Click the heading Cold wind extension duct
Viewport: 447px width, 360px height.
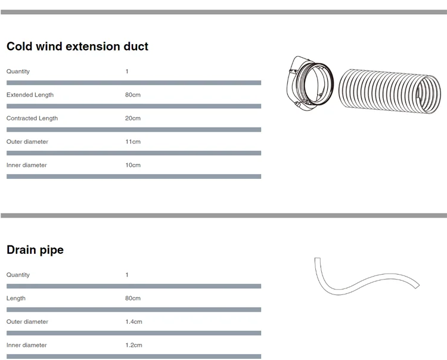pyautogui.click(x=77, y=46)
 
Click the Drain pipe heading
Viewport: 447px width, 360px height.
pyautogui.click(x=35, y=250)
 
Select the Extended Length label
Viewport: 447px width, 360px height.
pyautogui.click(x=30, y=95)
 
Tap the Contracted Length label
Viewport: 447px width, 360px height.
pyautogui.click(x=32, y=118)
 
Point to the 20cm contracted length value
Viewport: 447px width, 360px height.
pyautogui.click(x=133, y=118)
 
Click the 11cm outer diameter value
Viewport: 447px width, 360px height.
pyautogui.click(x=133, y=142)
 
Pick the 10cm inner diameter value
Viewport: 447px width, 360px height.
pyautogui.click(x=133, y=165)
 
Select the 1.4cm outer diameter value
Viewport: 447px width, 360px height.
pyautogui.click(x=134, y=322)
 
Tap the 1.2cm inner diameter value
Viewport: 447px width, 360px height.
pyautogui.click(x=134, y=345)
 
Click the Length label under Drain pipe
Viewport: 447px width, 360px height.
pyautogui.click(x=16, y=299)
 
